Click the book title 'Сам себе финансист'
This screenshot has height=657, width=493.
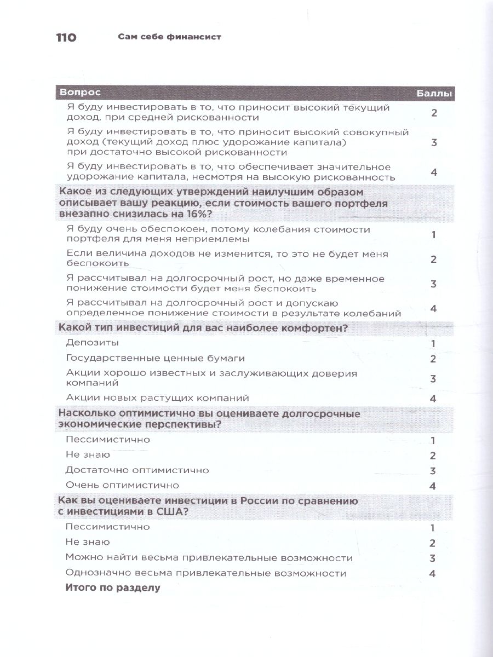[173, 38]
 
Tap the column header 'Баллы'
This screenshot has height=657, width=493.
[434, 94]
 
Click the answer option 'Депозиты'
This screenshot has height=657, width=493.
[92, 343]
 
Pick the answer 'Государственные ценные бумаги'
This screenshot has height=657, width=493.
[155, 358]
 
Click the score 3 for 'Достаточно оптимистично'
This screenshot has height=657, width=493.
[433, 471]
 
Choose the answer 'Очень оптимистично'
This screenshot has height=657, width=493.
[122, 485]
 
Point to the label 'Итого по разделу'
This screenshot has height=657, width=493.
[112, 588]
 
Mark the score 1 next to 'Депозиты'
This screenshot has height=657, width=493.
[433, 344]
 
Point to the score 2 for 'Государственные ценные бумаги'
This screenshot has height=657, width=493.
[433, 359]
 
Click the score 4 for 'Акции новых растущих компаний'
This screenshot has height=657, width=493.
[433, 399]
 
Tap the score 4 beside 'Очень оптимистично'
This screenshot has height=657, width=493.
[433, 486]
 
